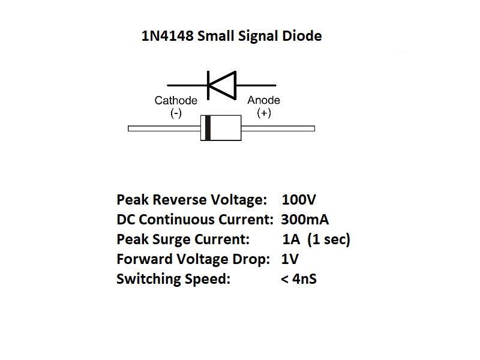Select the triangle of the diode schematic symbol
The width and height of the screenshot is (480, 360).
tap(221, 85)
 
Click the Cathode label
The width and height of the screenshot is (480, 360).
tap(176, 101)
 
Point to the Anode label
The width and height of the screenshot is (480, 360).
tap(263, 101)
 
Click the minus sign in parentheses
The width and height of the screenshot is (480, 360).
tap(176, 113)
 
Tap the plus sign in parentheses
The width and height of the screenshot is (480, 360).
tap(263, 113)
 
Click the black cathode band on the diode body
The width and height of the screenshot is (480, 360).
tap(208, 128)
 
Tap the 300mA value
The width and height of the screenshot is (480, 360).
tap(305, 219)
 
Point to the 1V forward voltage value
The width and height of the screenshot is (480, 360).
tap(290, 259)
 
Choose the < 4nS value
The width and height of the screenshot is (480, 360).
tap(298, 279)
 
